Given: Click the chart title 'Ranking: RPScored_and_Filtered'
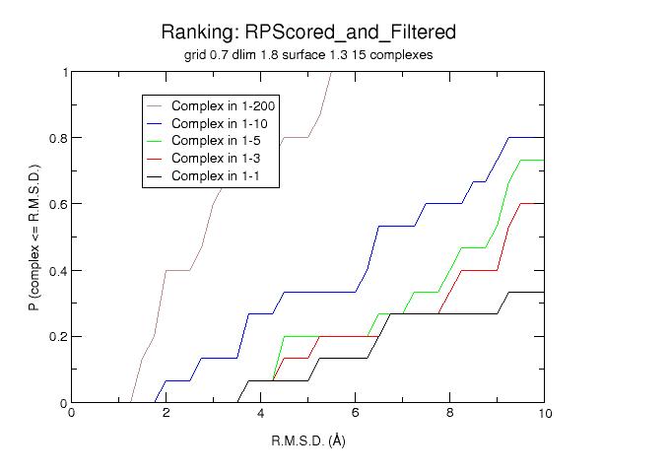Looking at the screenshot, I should tap(307, 33).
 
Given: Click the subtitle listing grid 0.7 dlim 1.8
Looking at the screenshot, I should tap(307, 55).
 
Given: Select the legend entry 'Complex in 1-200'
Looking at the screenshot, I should tap(223, 105).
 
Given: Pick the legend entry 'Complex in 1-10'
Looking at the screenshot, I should tap(219, 123).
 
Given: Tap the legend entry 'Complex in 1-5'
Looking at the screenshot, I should tap(216, 141).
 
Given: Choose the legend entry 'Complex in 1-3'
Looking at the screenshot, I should tap(216, 159).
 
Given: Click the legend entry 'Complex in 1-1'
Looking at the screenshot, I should tap(216, 176).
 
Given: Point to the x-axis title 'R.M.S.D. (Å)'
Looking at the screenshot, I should tap(307, 440).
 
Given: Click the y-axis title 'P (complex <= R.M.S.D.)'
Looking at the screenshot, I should tap(34, 237).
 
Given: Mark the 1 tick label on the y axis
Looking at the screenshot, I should tap(65, 72).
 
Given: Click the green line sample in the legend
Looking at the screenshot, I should tap(157, 141).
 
